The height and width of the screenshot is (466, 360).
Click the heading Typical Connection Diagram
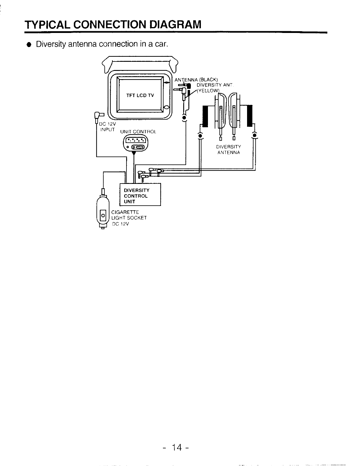(113, 24)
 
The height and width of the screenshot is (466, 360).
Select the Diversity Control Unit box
(140, 194)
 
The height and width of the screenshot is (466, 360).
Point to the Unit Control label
(138, 132)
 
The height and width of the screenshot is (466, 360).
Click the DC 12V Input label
(108, 127)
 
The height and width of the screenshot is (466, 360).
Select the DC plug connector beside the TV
(97, 116)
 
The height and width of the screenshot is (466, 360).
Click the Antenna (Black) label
(196, 80)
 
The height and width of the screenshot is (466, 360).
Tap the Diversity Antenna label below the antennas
(229, 150)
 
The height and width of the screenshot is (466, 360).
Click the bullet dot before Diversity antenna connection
(29, 45)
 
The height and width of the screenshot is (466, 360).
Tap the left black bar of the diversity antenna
(205, 116)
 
